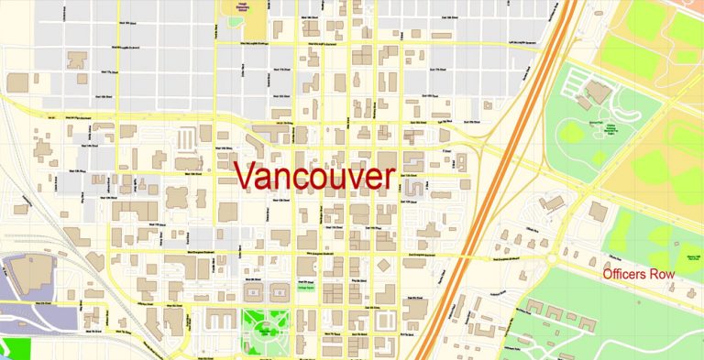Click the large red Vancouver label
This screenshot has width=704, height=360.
(313, 177)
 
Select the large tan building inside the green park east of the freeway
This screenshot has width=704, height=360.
(599, 93)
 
